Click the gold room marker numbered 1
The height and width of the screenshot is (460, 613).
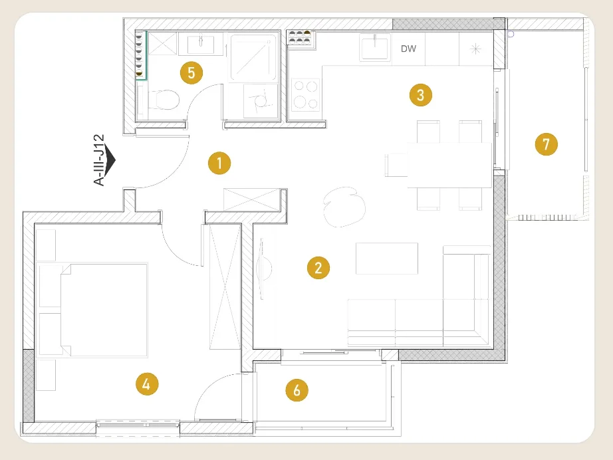[x=219, y=163]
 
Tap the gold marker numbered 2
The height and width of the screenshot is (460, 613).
[x=318, y=268]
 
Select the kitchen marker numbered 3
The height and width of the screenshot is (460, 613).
[x=421, y=95]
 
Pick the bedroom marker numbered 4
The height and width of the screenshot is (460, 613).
[x=147, y=384]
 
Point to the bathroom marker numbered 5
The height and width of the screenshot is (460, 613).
[x=191, y=72]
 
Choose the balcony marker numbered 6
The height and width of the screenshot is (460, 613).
[x=297, y=390]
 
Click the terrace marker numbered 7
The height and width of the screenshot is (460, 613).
[x=546, y=144]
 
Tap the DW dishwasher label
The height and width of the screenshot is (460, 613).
[x=408, y=49]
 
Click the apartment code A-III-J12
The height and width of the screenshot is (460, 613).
[x=100, y=160]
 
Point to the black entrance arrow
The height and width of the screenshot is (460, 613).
[x=110, y=160]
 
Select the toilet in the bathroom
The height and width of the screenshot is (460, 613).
[x=164, y=100]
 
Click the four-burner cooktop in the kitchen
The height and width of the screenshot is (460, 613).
[x=305, y=94]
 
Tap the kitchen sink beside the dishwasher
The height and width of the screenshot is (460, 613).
[x=375, y=47]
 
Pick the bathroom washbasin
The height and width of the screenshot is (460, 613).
[x=201, y=44]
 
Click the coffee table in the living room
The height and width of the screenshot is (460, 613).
[x=387, y=259]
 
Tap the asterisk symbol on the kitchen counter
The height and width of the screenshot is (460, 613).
[x=475, y=49]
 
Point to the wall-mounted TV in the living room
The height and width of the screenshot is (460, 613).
[x=262, y=269]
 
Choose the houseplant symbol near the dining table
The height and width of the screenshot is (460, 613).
[x=344, y=207]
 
